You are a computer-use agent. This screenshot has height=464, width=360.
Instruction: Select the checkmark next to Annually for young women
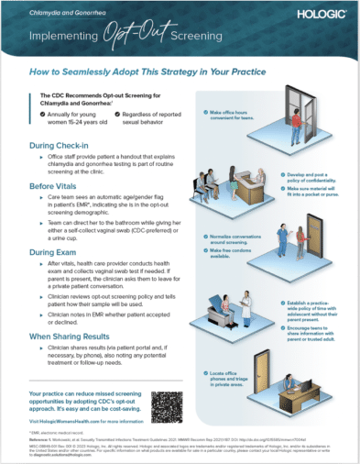(44, 116)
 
